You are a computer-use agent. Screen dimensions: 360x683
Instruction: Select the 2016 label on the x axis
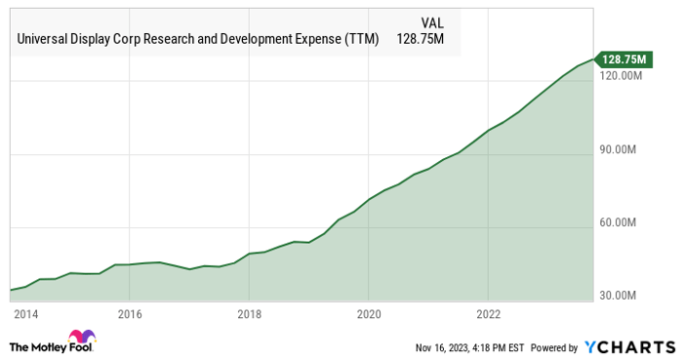click(130, 314)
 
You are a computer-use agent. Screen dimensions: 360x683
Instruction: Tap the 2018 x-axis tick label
click(250, 314)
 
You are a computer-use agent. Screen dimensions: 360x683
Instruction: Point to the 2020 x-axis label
click(369, 314)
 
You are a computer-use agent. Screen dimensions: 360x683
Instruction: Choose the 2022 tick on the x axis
click(488, 314)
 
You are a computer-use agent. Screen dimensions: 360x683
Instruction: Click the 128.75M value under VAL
click(425, 40)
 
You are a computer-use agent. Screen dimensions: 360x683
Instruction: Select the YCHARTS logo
click(629, 346)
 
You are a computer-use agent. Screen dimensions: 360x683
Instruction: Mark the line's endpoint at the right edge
click(592, 58)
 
